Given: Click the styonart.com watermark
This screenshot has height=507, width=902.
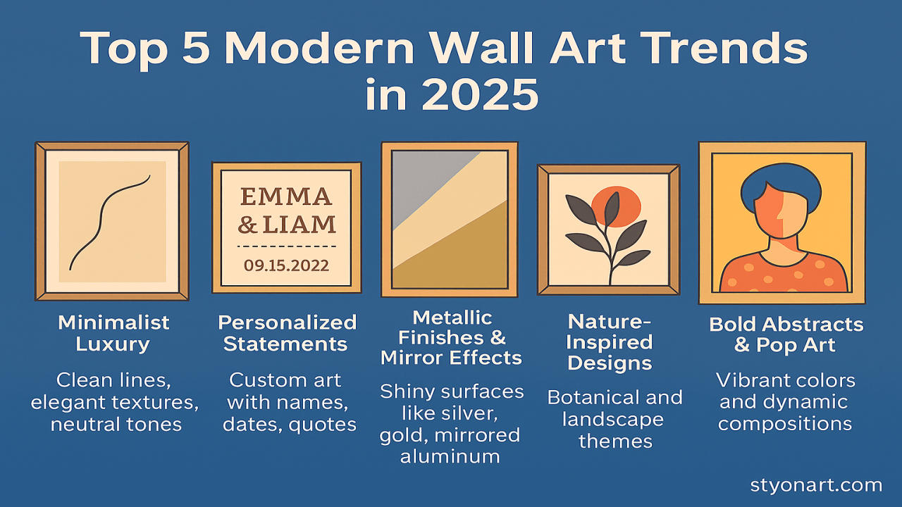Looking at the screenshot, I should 816,485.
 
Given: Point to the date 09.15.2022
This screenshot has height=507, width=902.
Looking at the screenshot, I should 286,265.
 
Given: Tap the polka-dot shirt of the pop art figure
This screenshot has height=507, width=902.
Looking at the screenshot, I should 782,275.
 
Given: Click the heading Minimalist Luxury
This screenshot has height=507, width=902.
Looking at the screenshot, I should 113,333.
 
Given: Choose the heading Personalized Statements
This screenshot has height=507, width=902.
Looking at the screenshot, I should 287,333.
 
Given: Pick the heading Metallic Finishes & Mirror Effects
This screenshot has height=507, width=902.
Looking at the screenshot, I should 451,337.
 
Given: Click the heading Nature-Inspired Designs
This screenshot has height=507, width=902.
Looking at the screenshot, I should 610,342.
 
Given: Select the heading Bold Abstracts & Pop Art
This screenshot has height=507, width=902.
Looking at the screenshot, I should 786,334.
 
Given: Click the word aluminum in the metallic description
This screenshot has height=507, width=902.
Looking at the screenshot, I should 450,456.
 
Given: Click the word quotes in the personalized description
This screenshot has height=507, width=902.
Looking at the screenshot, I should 323,425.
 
